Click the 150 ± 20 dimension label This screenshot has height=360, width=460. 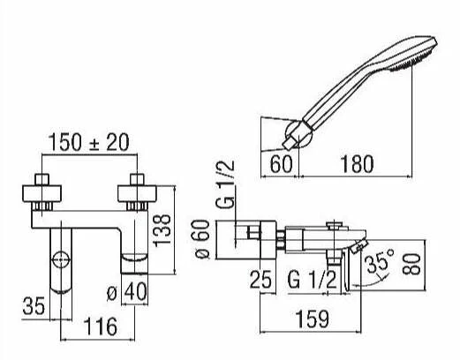pyautogui.click(x=88, y=143)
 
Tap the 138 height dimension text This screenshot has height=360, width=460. pyautogui.click(x=162, y=230)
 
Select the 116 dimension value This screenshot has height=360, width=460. pyautogui.click(x=101, y=326)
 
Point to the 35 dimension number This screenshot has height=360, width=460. pyautogui.click(x=34, y=306)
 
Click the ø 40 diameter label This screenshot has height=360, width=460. pyautogui.click(x=127, y=291)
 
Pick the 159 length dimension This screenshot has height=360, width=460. pyautogui.click(x=312, y=319)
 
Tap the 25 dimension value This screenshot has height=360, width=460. pyautogui.click(x=260, y=280)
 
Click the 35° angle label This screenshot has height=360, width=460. pyautogui.click(x=381, y=262)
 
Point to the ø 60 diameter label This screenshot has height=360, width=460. pyautogui.click(x=203, y=239)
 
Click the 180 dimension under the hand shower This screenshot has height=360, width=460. pyautogui.click(x=357, y=164)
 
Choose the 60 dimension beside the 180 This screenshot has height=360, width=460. pyautogui.click(x=282, y=164)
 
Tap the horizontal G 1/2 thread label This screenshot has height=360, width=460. pyautogui.click(x=312, y=280)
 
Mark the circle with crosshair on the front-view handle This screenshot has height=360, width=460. pyautogui.click(x=61, y=259)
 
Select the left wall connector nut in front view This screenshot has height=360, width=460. pyautogui.click(x=41, y=193)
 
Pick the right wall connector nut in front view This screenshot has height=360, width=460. pyautogui.click(x=137, y=193)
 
